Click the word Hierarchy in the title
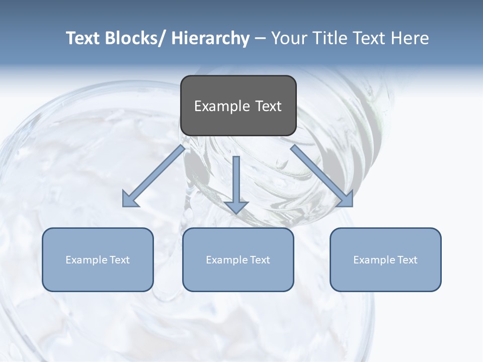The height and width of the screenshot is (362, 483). (x=210, y=38)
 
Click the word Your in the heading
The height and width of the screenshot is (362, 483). (x=288, y=38)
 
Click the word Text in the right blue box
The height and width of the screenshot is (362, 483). (x=407, y=260)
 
